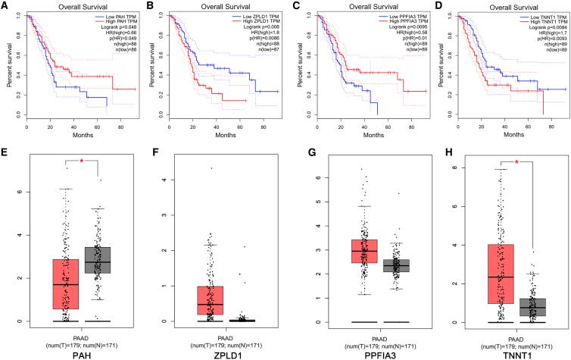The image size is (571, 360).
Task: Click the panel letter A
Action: pos(5,6)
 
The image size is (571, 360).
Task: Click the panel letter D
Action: pos(433,6)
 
